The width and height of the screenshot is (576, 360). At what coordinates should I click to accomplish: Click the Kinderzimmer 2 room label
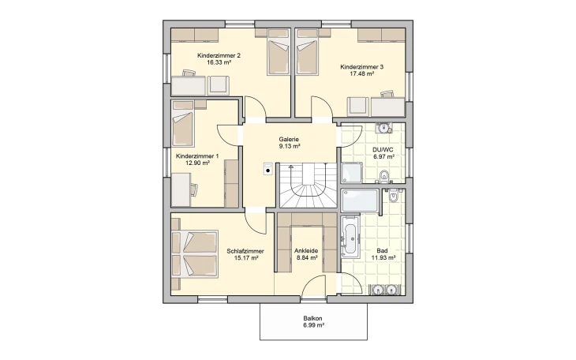pos(219,55)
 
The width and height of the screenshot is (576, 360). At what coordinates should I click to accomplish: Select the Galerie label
pos(289,140)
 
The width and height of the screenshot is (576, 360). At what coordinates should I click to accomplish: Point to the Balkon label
pos(313,318)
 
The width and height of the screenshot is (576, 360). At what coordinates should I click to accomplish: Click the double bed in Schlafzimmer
pos(195,253)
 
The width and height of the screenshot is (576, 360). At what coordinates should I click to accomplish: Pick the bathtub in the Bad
pos(350,237)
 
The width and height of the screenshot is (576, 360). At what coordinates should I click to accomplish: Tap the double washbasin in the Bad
pos(383,290)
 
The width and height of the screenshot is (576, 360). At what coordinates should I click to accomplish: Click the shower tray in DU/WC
pos(352,173)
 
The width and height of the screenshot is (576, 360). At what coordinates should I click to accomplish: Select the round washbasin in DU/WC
pos(383,128)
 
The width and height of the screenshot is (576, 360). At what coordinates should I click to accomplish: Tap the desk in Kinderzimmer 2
pos(189,86)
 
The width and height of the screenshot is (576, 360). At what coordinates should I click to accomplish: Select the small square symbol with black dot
pos(267,168)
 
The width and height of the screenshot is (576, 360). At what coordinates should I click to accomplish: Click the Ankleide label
pos(306,251)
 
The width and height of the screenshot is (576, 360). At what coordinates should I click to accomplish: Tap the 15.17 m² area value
pos(246,258)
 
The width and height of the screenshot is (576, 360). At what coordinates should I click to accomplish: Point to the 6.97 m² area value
pos(383,156)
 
